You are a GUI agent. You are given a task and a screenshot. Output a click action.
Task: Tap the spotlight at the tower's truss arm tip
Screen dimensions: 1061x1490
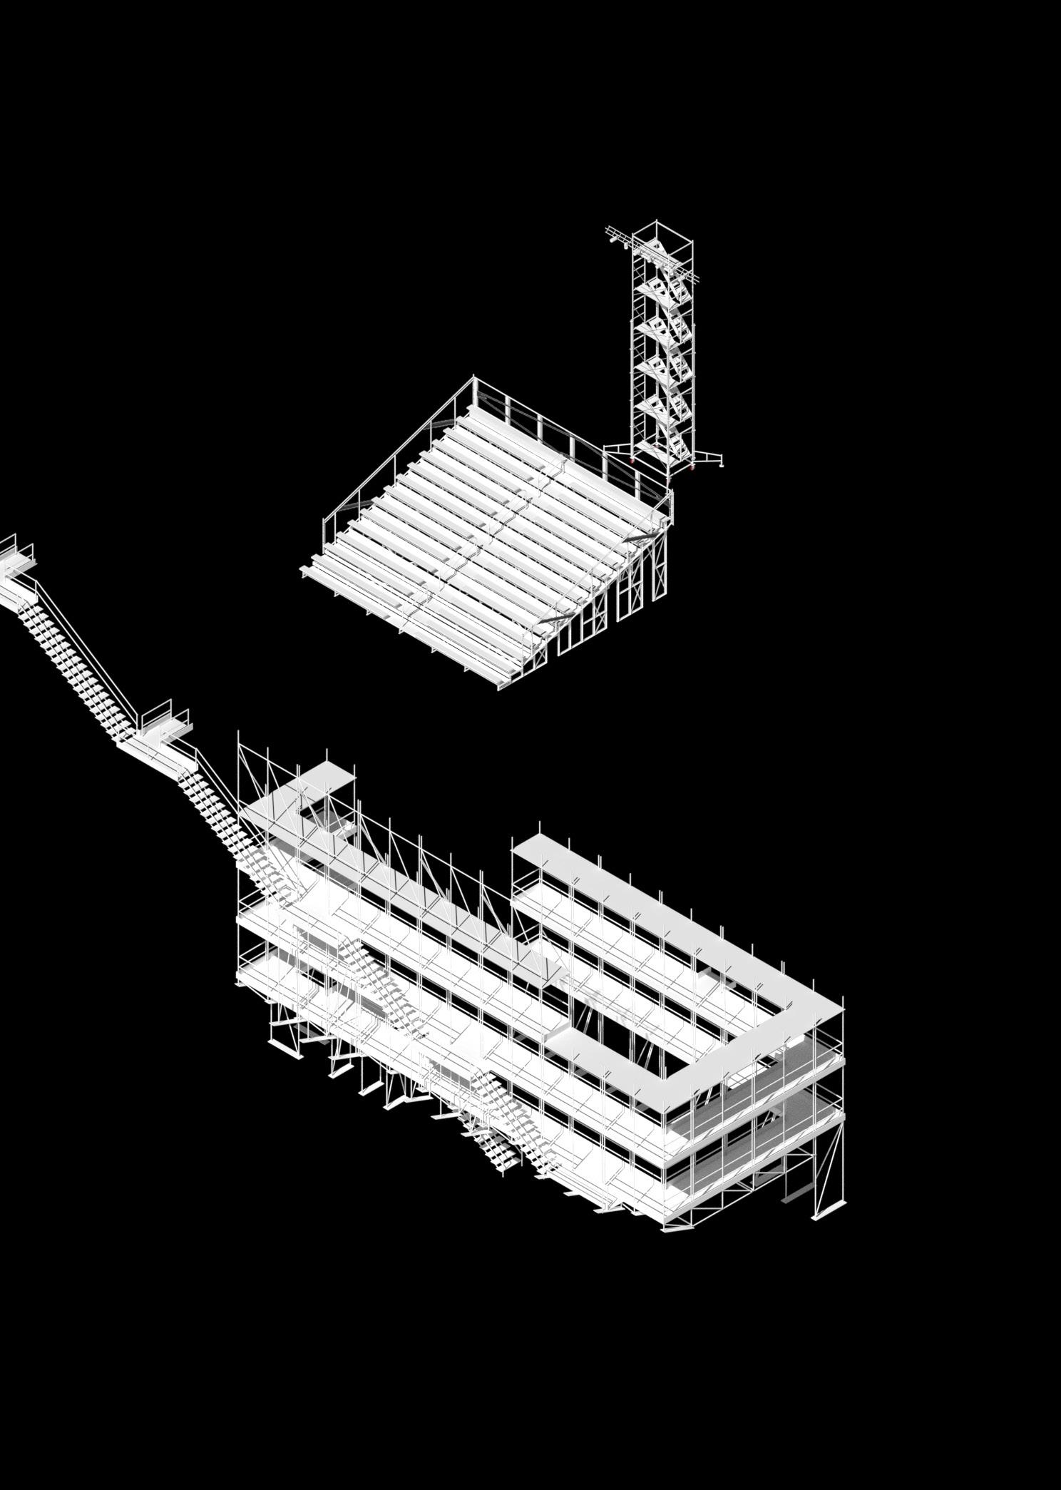click(x=612, y=241)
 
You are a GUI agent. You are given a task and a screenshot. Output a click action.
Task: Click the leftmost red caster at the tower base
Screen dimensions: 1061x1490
click(x=632, y=460)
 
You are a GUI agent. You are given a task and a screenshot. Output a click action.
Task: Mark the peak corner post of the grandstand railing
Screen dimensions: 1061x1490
click(x=474, y=381)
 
